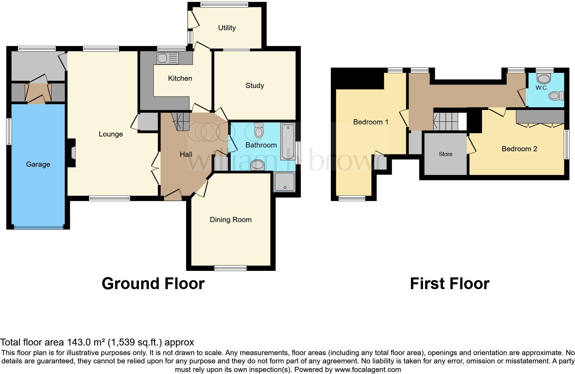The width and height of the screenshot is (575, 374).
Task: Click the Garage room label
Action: (38, 164)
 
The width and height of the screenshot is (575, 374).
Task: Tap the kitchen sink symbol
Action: (167, 58)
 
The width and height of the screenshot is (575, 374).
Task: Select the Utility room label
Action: (227, 28)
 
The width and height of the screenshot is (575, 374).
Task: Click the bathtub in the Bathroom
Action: (287, 141)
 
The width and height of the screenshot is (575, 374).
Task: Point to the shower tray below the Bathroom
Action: (284, 181)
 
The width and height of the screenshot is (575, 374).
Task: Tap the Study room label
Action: (254, 86)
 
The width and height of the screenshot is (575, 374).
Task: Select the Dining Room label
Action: (230, 220)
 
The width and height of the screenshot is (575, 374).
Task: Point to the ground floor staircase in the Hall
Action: (181, 121)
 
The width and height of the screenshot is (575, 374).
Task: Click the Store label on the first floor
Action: (445, 154)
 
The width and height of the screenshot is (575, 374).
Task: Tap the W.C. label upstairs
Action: (541, 88)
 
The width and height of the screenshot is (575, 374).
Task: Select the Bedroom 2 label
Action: (519, 149)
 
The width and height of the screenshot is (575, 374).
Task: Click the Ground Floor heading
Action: (153, 284)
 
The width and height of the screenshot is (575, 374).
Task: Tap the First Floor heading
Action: (449, 284)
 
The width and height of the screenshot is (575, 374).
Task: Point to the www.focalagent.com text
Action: (367, 370)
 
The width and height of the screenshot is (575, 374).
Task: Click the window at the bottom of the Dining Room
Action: (230, 268)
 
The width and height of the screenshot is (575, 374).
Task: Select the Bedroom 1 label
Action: (370, 122)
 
